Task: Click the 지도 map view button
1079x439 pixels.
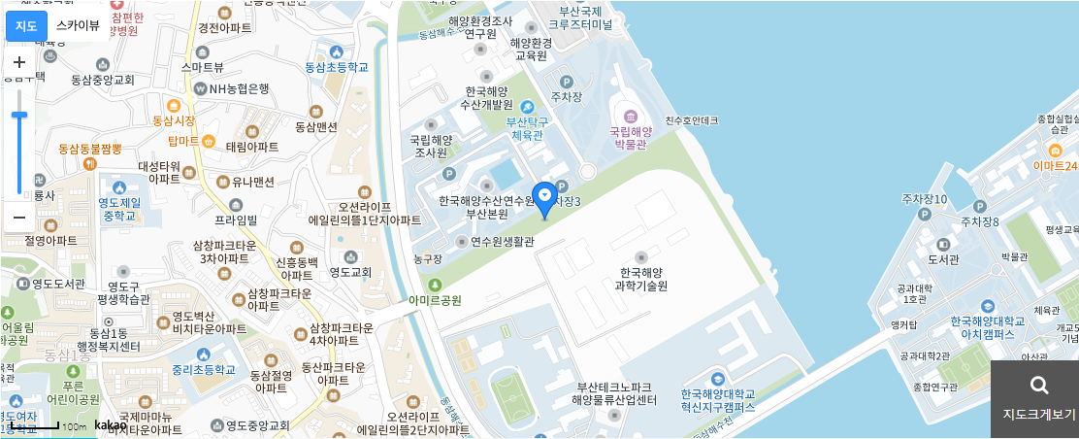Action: [26, 25]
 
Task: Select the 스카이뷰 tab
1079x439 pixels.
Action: [77, 25]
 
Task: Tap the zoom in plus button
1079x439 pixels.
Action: [18, 61]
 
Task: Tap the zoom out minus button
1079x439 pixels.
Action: [18, 217]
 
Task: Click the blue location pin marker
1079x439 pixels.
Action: [545, 198]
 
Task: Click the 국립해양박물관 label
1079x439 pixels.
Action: [631, 136]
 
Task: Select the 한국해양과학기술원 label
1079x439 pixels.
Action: [641, 280]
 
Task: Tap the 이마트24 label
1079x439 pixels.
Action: [1055, 164]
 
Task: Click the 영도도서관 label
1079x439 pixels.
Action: [58, 285]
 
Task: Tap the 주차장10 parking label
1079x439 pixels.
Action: [924, 199]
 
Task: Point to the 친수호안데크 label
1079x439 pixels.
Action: [691, 120]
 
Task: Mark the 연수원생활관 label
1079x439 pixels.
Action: [502, 242]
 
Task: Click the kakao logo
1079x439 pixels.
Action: [111, 425]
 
